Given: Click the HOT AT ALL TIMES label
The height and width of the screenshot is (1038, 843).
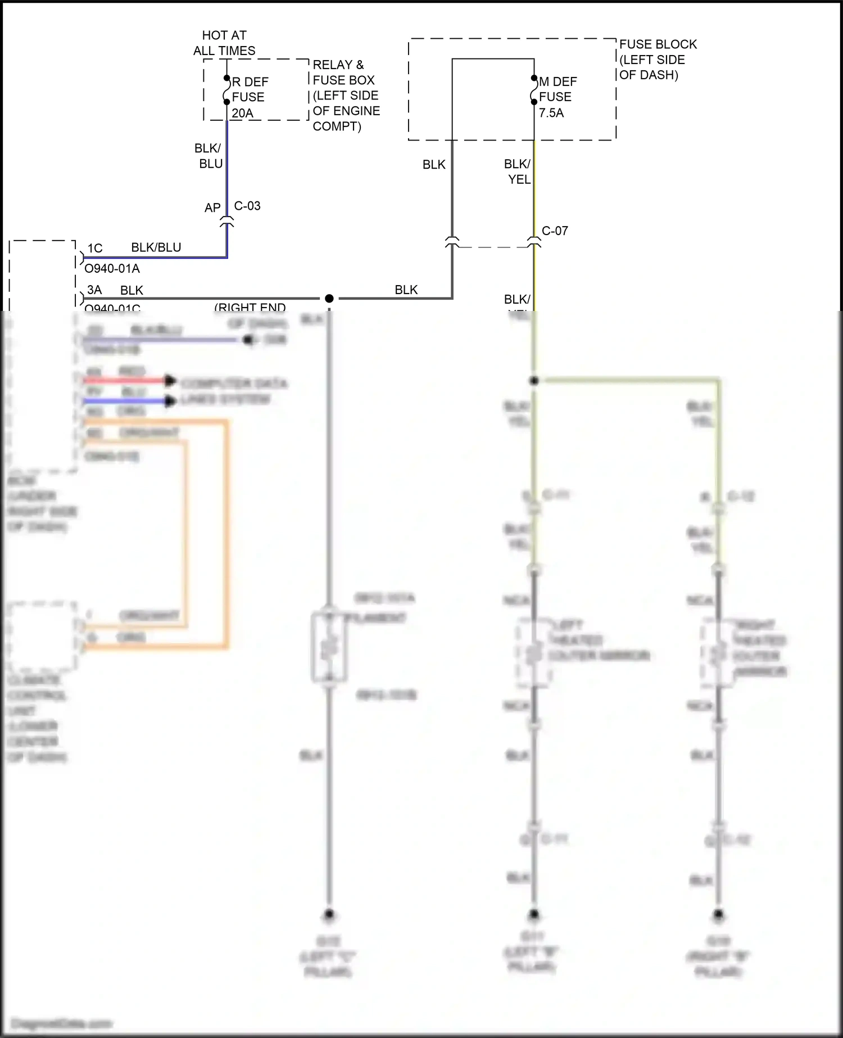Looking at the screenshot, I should pos(224,43).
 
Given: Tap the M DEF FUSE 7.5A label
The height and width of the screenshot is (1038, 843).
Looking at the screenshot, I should pos(557,97).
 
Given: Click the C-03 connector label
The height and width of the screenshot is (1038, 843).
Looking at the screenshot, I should pos(247,206).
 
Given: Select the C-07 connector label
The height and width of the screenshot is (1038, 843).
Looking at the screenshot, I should pos(555,231).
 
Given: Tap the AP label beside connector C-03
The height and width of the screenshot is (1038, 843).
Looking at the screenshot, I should pos(212,208).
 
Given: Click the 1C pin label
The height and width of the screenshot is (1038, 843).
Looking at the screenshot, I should pos(95,248).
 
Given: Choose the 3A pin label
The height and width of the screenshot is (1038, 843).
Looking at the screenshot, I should pos(94,290).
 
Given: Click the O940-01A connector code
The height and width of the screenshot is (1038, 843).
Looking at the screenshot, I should pos(112,269).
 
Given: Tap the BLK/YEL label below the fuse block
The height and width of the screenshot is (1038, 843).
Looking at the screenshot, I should pos(518,172).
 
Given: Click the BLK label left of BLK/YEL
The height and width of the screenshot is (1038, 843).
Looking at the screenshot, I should pos(434,165).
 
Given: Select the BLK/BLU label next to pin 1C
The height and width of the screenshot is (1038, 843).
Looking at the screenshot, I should pos(156,247).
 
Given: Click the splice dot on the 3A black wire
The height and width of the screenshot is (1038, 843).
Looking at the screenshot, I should pos(329,298).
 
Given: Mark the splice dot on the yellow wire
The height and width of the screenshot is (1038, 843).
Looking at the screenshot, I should pos(534,381).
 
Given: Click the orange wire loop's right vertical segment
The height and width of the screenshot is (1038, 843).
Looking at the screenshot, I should pos(226,534).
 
